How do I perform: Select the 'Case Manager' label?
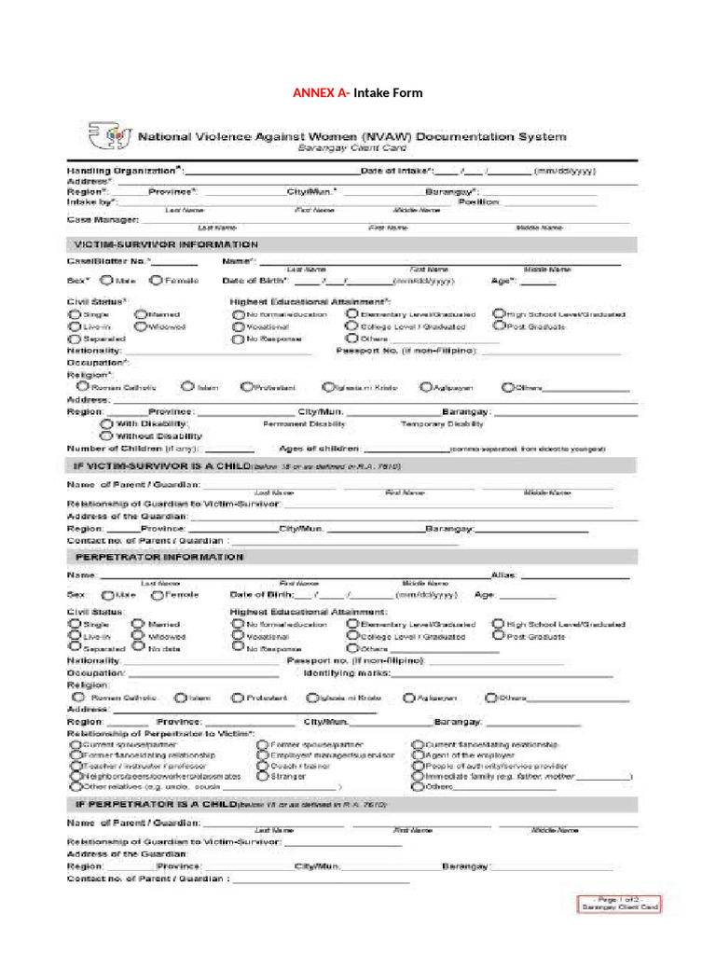[103, 220]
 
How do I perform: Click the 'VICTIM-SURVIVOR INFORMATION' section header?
[165, 244]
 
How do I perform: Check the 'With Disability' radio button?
[106, 423]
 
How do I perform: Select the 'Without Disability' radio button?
[106, 436]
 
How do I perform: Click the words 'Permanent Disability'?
[299, 423]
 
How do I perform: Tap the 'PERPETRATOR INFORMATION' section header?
[158, 557]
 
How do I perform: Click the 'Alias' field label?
[502, 575]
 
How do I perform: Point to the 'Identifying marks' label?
[346, 672]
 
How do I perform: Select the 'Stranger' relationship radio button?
[263, 775]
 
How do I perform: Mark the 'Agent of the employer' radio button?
[417, 754]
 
